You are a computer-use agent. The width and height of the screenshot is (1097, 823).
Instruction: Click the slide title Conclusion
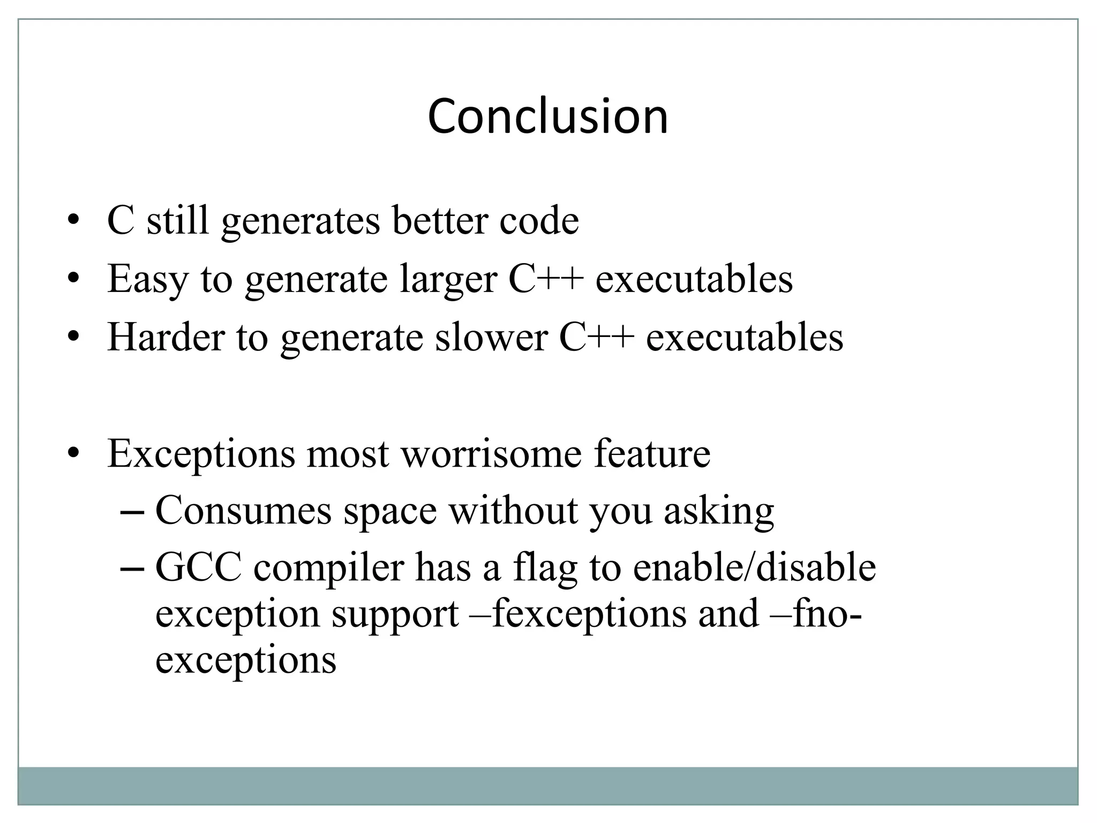click(x=548, y=116)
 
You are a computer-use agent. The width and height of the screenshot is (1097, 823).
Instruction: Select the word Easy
click(x=148, y=279)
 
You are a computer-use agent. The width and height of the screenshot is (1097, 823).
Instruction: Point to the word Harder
click(x=166, y=338)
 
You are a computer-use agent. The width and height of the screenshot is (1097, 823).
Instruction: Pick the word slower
click(x=491, y=338)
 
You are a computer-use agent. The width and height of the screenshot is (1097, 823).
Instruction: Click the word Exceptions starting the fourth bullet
click(x=201, y=454)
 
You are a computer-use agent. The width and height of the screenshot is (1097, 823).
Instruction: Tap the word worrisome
click(x=492, y=454)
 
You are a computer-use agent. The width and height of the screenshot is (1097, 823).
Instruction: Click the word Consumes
click(x=243, y=511)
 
